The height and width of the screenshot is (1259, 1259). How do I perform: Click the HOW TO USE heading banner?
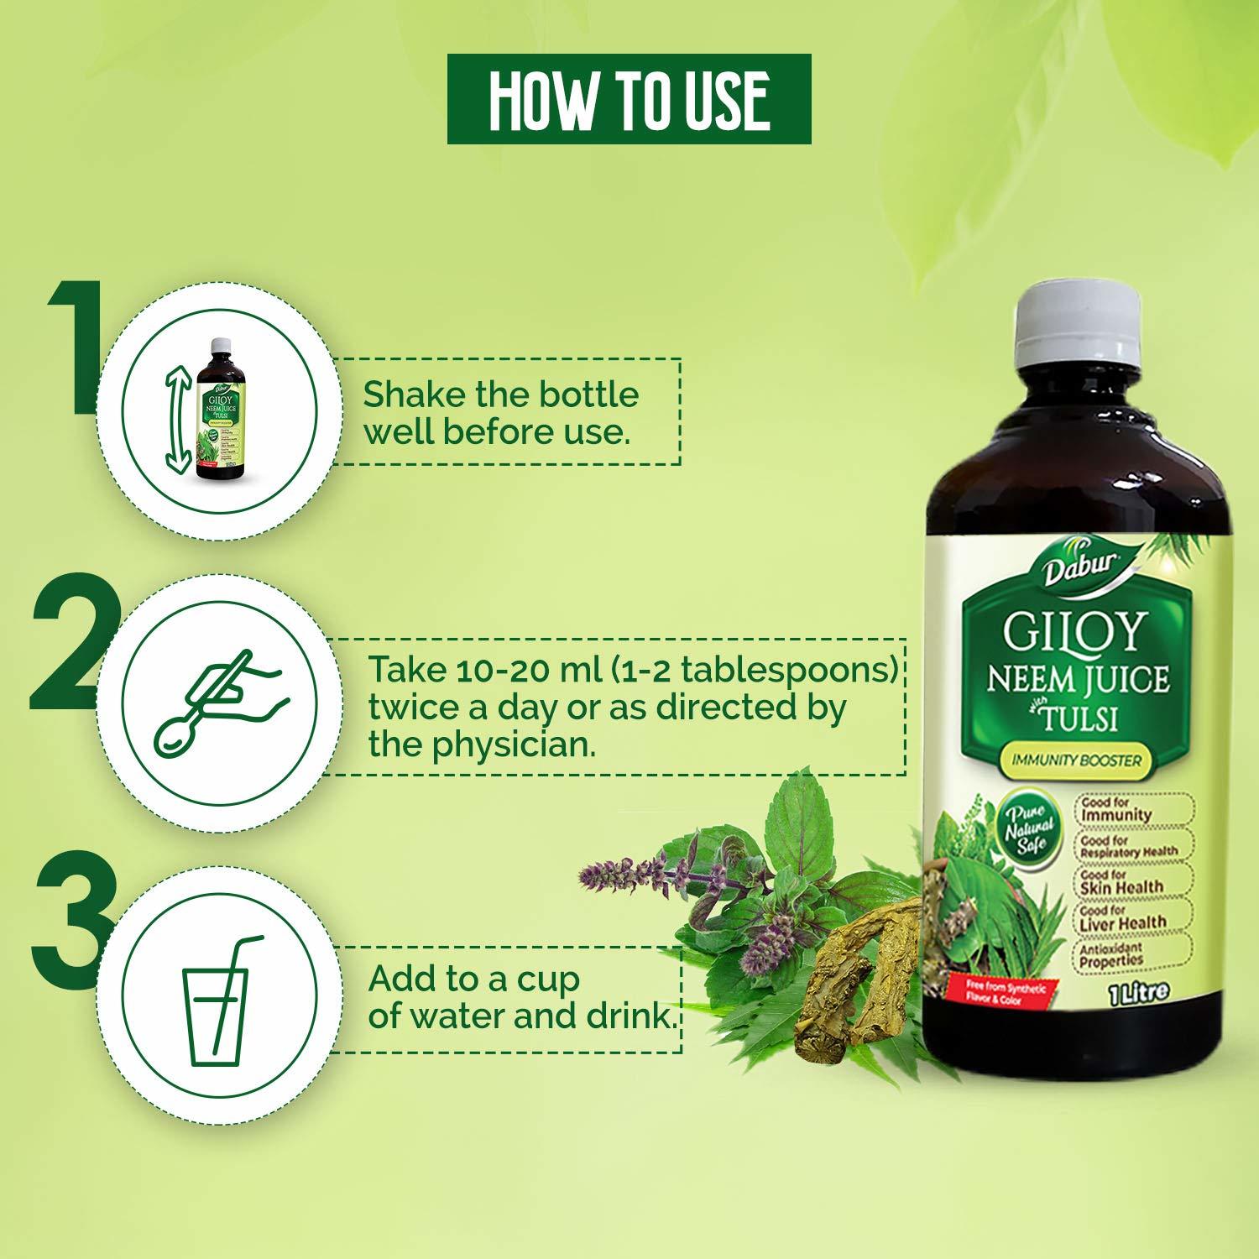pyautogui.click(x=629, y=99)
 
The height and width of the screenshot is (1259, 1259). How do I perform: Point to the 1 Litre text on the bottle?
pyautogui.click(x=1137, y=991)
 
